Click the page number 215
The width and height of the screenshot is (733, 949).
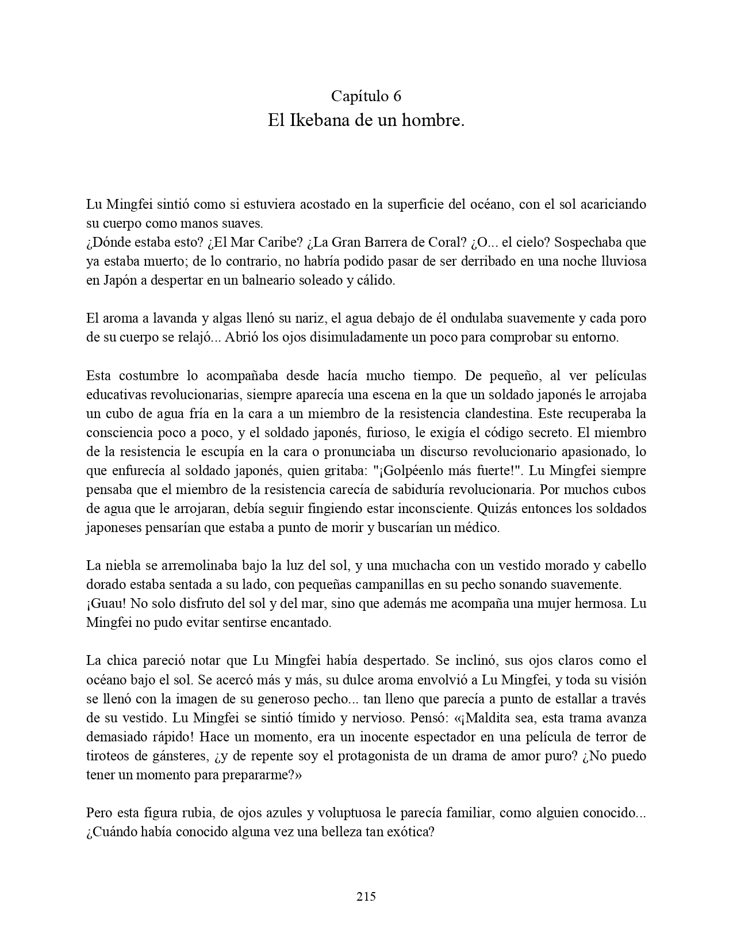[x=366, y=896]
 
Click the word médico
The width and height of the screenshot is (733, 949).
[x=479, y=527]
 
